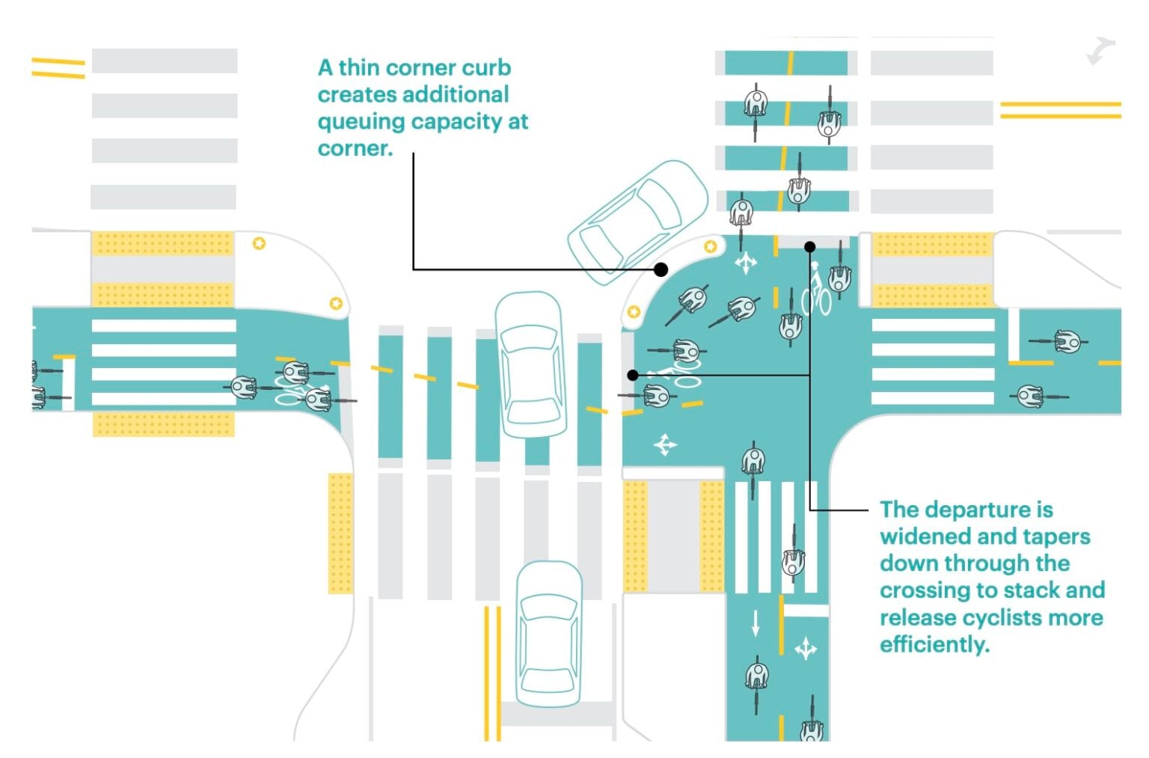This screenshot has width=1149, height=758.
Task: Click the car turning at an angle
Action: [x=637, y=222]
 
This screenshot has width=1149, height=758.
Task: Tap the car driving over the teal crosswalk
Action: [x=530, y=364]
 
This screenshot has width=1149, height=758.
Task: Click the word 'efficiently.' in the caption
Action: [x=934, y=644]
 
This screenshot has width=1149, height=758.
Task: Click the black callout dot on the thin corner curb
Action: [x=661, y=269]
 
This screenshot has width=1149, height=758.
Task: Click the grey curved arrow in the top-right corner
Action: [x=1100, y=51]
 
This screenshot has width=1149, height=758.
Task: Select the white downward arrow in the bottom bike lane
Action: [x=756, y=623]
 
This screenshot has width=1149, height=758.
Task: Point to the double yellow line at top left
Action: [x=58, y=68]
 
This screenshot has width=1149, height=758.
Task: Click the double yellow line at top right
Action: [x=1060, y=110]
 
